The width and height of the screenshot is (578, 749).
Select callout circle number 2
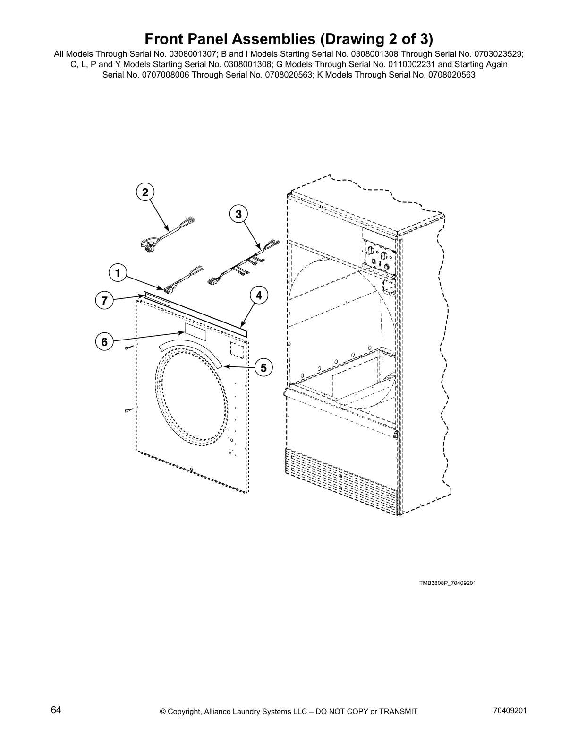click(x=145, y=192)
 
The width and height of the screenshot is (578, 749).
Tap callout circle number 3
click(x=238, y=214)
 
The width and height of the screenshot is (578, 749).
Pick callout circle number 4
click(x=259, y=296)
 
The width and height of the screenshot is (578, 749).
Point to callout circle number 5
click(x=263, y=367)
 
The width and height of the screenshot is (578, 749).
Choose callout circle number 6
click(x=104, y=341)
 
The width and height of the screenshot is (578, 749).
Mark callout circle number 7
click(x=104, y=300)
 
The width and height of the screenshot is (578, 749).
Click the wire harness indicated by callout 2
click(x=165, y=233)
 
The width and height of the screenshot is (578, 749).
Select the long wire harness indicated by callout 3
click(x=241, y=263)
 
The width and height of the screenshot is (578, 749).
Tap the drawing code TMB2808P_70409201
click(x=447, y=583)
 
